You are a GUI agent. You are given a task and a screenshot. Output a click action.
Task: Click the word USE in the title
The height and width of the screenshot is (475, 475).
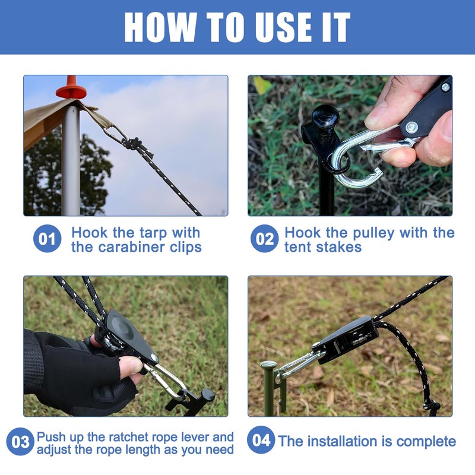[280, 27]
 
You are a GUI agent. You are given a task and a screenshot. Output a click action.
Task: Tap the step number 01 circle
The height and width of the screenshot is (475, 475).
[47, 239]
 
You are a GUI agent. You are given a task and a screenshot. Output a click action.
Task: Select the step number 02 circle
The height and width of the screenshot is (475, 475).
[264, 239]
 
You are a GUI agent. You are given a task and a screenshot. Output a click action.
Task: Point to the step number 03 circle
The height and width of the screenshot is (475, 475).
[20, 441]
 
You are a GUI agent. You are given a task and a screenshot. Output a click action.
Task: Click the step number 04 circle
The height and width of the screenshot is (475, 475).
[261, 439]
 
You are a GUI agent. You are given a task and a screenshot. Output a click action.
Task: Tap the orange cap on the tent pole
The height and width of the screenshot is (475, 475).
[71, 87]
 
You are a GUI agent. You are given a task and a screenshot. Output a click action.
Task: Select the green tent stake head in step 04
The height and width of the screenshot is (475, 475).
[268, 364]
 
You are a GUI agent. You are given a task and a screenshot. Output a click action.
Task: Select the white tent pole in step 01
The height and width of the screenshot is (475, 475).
[71, 157]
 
